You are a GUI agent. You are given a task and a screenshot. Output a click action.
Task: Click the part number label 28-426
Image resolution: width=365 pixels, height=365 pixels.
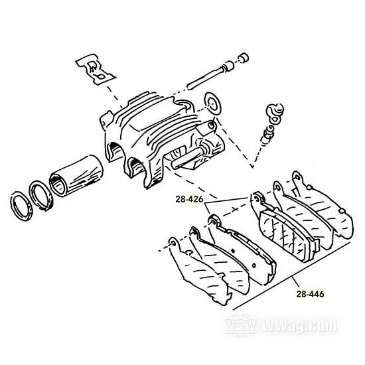[x=189, y=199]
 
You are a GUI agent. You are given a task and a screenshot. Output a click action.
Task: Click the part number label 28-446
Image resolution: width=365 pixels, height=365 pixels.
[x=310, y=294]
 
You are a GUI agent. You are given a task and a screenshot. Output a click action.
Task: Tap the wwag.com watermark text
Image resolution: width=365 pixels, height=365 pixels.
[x=300, y=325]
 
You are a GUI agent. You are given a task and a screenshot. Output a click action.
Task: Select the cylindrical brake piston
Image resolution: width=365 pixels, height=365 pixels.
[x=76, y=175]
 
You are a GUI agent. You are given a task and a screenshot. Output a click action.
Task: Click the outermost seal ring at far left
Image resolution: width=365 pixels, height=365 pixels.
[x=21, y=206]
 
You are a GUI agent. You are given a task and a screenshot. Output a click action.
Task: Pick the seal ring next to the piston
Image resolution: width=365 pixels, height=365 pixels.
[x=40, y=195]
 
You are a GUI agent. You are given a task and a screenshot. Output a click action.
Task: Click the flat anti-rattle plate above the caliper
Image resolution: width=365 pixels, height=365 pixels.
[x=95, y=69]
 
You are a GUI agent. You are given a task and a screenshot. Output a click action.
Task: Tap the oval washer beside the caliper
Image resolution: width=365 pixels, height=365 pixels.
[x=212, y=104]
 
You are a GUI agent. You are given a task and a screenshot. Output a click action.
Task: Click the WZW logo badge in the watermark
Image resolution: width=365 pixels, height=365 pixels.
[x=240, y=325]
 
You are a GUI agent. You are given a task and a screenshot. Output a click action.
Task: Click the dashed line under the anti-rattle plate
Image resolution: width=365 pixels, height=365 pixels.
[x=115, y=97]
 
